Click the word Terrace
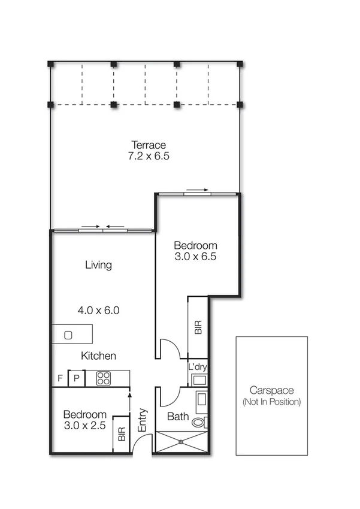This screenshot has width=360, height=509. (149, 145)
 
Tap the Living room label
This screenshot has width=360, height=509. (98, 264)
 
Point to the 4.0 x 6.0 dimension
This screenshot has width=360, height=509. (99, 311)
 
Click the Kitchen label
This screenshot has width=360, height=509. (99, 356)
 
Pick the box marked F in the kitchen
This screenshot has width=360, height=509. (60, 378)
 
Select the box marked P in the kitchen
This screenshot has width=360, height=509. (77, 378)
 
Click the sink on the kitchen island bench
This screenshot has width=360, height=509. (68, 335)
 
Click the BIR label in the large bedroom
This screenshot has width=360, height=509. (198, 327)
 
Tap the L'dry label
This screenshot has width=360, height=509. (198, 366)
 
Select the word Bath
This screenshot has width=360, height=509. (178, 416)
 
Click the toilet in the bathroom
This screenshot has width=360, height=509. (199, 422)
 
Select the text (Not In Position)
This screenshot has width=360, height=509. (272, 402)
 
